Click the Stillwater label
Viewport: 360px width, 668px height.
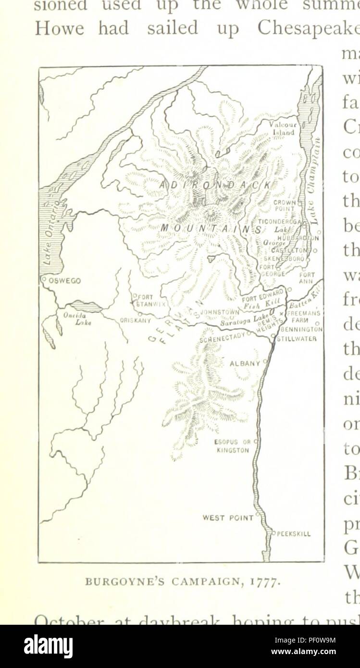click(x=296, y=338)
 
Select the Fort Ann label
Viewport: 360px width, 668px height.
click(x=307, y=278)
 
